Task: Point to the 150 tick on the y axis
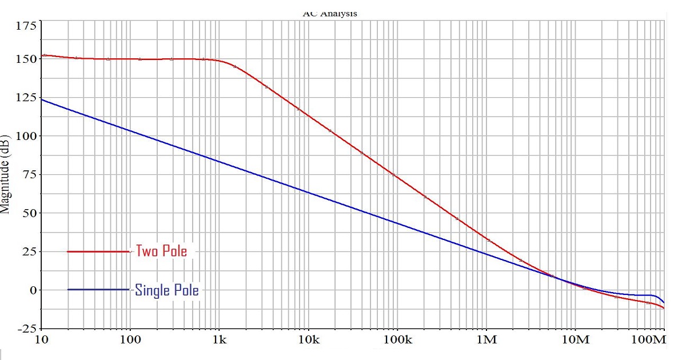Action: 25,59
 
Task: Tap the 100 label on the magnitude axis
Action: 25,136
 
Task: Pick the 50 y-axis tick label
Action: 28,213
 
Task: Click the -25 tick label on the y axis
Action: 25,329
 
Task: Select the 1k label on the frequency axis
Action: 220,341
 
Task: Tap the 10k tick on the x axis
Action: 308,341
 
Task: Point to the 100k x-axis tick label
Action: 397,341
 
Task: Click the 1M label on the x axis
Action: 486,341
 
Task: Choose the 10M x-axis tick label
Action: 575,341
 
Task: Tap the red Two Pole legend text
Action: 161,251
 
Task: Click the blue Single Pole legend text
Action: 167,290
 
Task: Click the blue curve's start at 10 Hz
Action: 41,99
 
